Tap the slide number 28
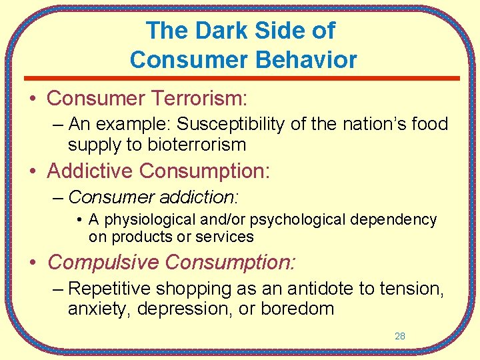[x=400, y=336]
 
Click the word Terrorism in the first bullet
[x=199, y=99]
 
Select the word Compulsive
[x=103, y=263]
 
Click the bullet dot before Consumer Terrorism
[x=32, y=99]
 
